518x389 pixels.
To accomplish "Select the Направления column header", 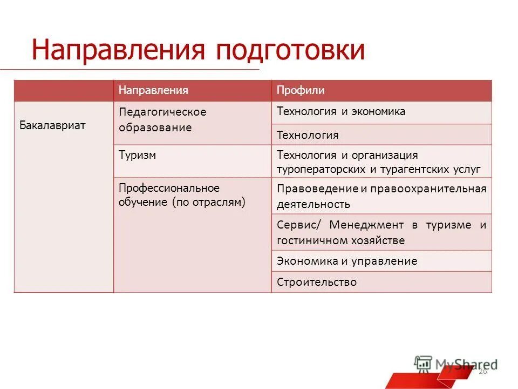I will [x=153, y=90].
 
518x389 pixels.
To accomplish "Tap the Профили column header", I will [x=301, y=90].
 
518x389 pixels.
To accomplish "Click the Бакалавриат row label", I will [x=53, y=125].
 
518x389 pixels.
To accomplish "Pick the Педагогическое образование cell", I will [x=162, y=120].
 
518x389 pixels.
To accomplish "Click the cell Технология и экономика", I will [x=340, y=112].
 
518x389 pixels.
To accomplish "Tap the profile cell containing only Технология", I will [x=308, y=135].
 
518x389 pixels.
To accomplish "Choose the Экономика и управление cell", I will [x=346, y=261].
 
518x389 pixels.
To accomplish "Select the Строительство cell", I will [x=316, y=282].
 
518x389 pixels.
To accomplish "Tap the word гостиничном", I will [x=311, y=240].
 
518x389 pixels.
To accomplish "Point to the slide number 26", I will [x=482, y=372].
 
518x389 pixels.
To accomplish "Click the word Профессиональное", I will [x=169, y=188].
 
